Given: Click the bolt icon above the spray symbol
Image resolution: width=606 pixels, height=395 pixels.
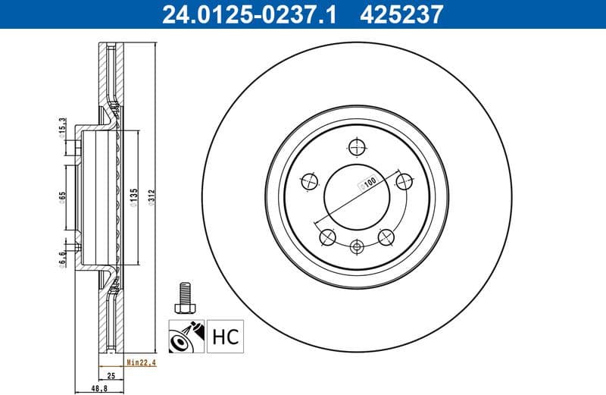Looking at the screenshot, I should [x=183, y=297].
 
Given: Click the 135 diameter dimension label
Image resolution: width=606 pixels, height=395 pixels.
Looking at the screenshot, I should [x=134, y=197].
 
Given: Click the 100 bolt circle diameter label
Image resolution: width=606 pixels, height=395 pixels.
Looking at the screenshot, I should [x=369, y=182].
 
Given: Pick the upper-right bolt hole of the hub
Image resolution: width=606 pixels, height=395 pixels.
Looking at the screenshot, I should [x=405, y=180].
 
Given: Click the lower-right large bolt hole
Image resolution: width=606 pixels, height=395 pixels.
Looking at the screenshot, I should [x=386, y=237].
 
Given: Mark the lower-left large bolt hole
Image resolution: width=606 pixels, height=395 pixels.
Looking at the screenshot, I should [x=328, y=237].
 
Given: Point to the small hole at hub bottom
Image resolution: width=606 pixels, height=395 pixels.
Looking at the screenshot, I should [x=358, y=246].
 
